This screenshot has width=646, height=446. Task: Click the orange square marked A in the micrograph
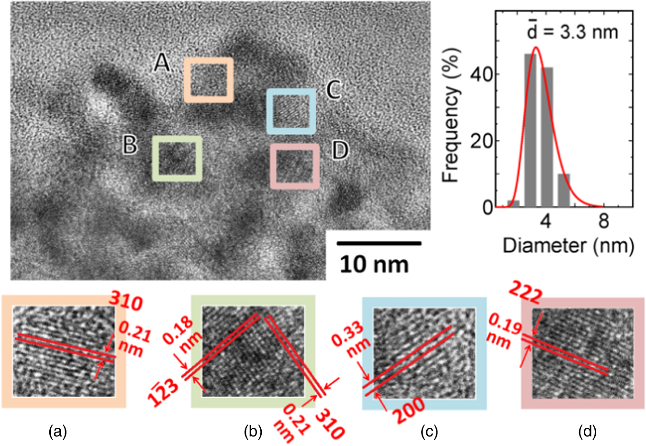pyautogui.click(x=209, y=80)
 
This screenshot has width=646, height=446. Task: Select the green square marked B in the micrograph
pyautogui.click(x=177, y=158)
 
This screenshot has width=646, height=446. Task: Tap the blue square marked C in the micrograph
pyautogui.click(x=291, y=111)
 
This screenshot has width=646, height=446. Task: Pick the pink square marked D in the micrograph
pyautogui.click(x=295, y=166)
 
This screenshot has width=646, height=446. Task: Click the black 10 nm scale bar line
pyautogui.click(x=379, y=243)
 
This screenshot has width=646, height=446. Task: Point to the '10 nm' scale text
pyautogui.click(x=374, y=265)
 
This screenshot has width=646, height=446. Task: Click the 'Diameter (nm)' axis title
pyautogui.click(x=568, y=245)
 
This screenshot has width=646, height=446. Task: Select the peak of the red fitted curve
pyautogui.click(x=535, y=47)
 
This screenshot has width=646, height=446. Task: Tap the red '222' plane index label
pyautogui.click(x=526, y=293)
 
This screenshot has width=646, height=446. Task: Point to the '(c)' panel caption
pyautogui.click(x=429, y=432)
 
